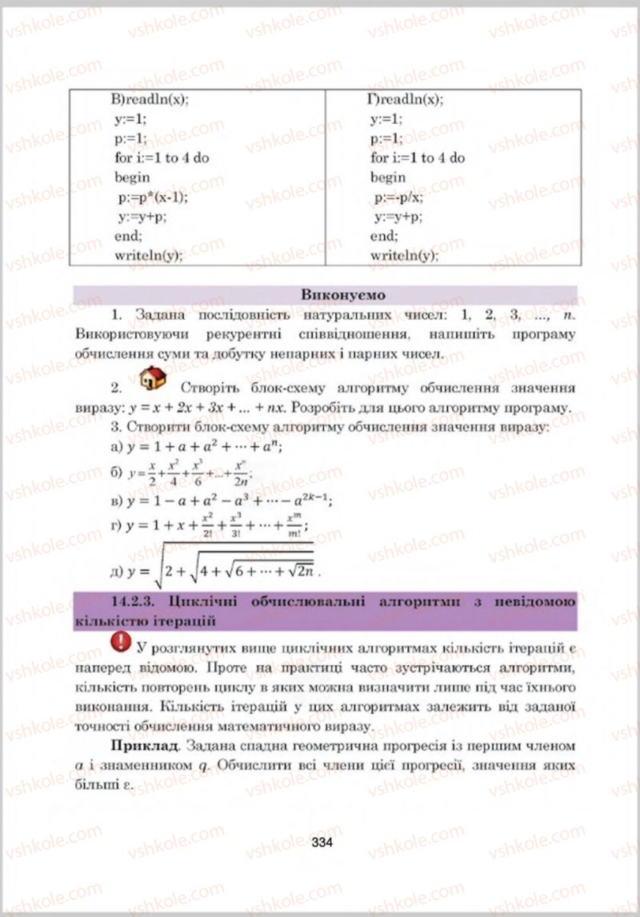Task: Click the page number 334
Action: pyautogui.click(x=322, y=842)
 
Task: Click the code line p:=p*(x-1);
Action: pyautogui.click(x=152, y=197)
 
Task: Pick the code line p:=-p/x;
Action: pyautogui.click(x=398, y=197)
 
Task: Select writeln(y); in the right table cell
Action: pyautogui.click(x=405, y=256)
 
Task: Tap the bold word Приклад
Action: pyautogui.click(x=142, y=746)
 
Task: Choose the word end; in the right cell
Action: pyautogui.click(x=384, y=236)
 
